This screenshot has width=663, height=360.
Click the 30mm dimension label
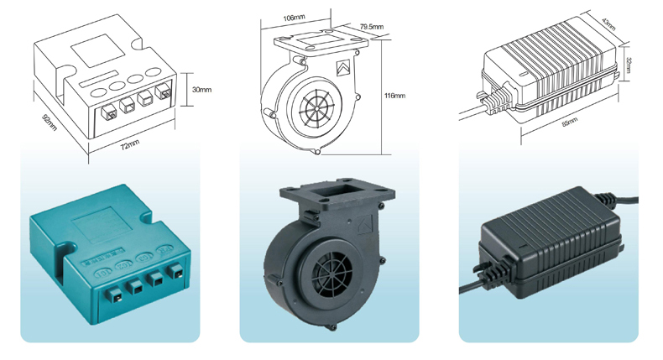pyautogui.click(x=201, y=90)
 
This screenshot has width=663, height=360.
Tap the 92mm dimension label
pyautogui.click(x=50, y=122)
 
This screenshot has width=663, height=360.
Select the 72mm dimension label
pyautogui.click(x=130, y=144)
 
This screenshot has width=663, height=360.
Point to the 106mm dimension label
pyautogui.click(x=294, y=18)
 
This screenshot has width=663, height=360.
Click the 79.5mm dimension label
pyautogui.click(x=372, y=27)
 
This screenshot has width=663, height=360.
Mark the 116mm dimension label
pyautogui.click(x=394, y=96)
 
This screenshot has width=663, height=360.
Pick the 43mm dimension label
pyautogui.click(x=608, y=24)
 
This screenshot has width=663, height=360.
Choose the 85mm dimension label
pyautogui.click(x=570, y=123)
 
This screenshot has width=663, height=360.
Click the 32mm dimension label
pyautogui.click(x=628, y=65)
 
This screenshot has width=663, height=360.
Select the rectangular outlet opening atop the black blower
pyautogui.click(x=337, y=191)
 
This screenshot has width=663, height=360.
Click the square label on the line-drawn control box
pyautogui.click(x=97, y=50)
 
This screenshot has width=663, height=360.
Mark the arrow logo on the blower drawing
pyautogui.click(x=343, y=68)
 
